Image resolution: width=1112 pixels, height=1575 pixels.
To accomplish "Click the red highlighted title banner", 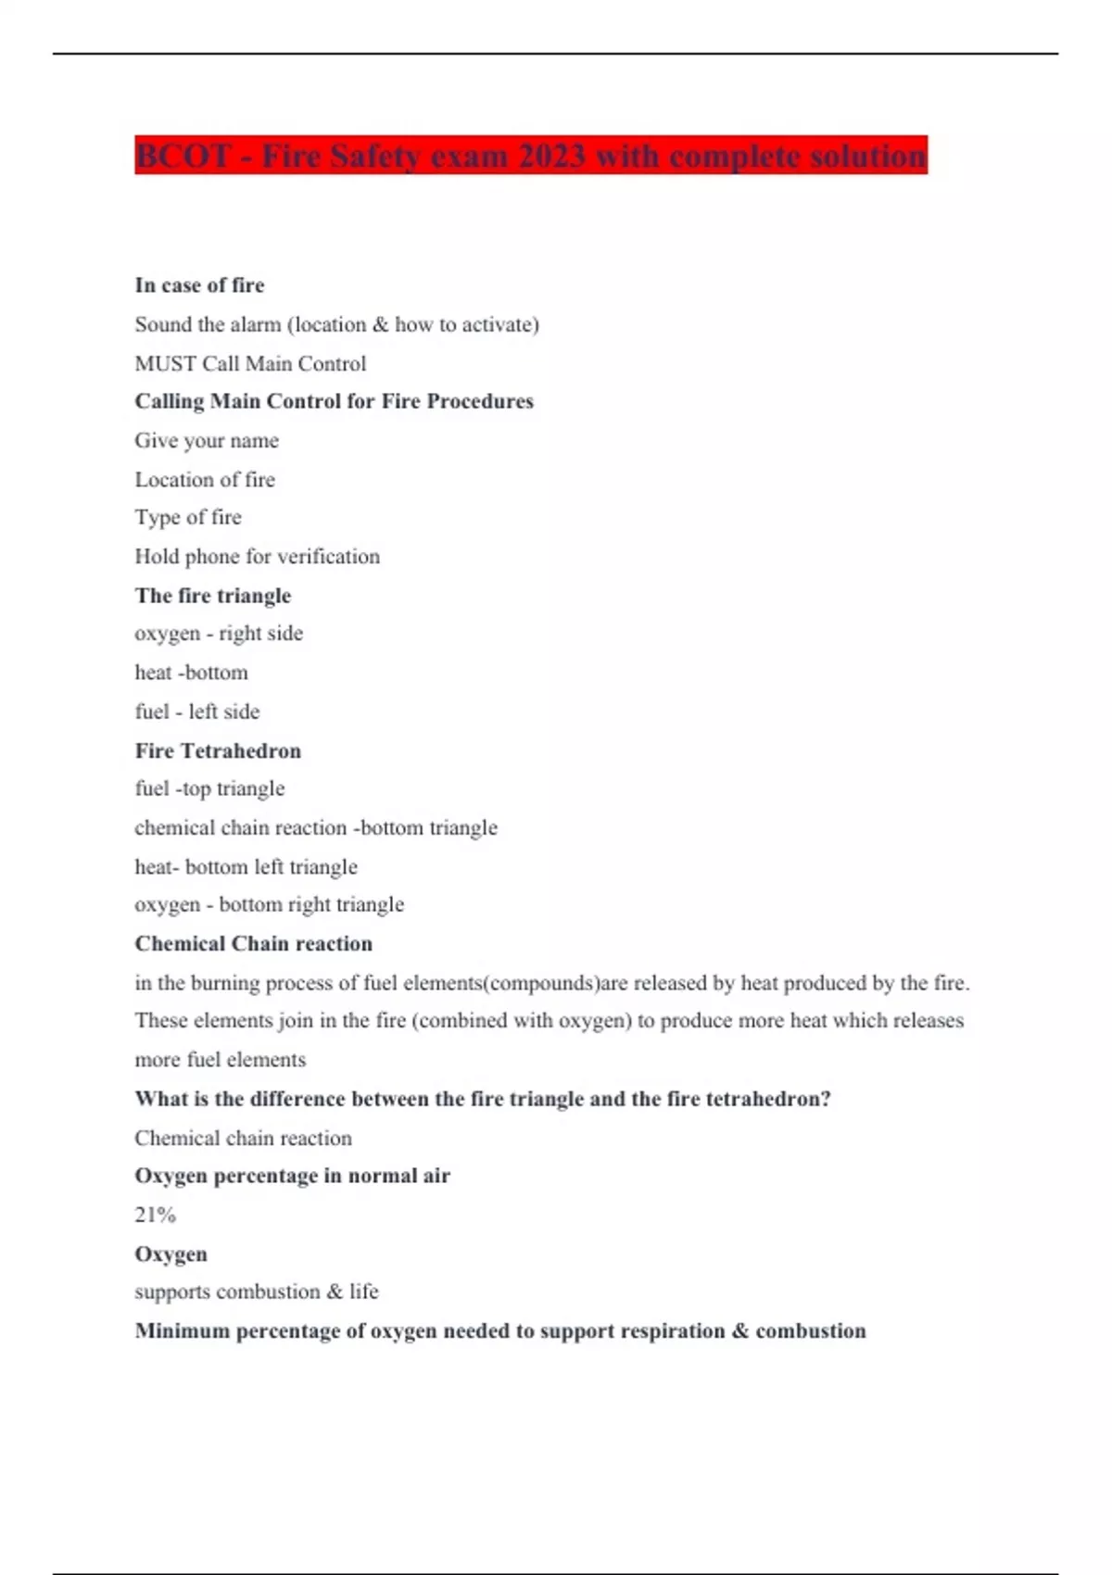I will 530,156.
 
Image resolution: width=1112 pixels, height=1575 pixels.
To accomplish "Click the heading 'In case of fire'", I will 199,285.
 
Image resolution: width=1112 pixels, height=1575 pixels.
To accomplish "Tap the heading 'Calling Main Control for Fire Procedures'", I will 334,401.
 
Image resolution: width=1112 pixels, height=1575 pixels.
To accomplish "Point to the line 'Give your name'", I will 207,441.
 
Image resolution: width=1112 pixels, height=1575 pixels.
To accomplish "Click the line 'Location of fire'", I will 205,480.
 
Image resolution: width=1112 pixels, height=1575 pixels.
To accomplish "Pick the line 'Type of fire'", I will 188,517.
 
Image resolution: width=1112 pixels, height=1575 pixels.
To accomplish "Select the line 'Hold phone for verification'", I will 257,557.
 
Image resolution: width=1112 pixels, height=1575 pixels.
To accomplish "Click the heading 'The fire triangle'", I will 212,596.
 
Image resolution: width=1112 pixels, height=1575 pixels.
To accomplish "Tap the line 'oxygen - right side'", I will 219,634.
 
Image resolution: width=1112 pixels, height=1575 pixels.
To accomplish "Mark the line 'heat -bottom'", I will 191,673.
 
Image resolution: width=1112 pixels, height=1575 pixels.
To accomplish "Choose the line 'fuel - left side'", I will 196,712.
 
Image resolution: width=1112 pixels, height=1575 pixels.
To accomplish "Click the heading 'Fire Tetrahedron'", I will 218,750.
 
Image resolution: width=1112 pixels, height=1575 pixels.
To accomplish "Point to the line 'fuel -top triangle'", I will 209,788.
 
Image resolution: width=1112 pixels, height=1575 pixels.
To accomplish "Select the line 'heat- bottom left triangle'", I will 246,867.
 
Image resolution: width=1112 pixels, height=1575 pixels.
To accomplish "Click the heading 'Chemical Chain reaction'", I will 253,943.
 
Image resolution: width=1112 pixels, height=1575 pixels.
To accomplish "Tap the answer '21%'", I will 155,1215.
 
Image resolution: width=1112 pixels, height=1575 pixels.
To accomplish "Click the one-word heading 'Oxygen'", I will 171,1254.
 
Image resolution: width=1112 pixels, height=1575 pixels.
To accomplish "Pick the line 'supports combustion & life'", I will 256,1291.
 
